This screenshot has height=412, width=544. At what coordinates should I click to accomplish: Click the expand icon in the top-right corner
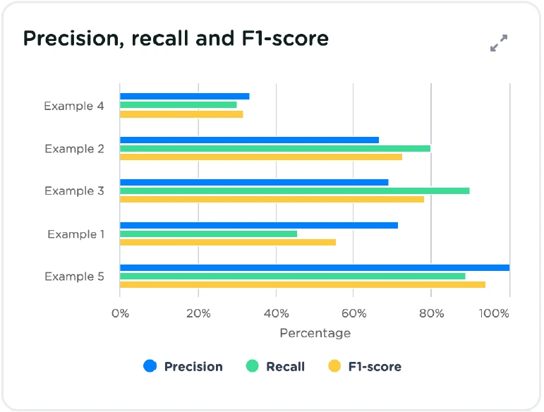coord(499,43)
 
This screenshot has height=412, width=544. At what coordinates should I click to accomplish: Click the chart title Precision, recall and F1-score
coord(176,38)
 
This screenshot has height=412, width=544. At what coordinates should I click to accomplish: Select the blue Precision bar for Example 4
coord(185,96)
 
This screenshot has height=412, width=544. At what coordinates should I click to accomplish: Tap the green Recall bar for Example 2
coord(275,148)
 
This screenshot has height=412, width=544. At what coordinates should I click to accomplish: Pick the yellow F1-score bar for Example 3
coord(272,199)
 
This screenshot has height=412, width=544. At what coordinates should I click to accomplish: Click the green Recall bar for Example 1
coord(208,234)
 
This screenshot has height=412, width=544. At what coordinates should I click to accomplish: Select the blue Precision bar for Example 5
coord(315,267)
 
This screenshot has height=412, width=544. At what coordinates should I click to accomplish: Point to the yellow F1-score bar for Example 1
coord(228,242)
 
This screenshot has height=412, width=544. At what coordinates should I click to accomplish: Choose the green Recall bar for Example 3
coord(294,190)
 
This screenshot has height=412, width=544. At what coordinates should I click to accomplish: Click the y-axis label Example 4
coord(74,107)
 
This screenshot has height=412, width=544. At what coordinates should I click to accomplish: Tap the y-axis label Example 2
coord(74,149)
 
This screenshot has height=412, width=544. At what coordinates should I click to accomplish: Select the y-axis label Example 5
coord(74,277)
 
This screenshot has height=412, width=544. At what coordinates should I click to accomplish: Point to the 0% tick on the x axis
coord(120,313)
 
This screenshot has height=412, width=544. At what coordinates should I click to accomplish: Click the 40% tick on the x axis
coord(276,313)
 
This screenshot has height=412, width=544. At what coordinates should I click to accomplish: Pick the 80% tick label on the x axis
coord(431,313)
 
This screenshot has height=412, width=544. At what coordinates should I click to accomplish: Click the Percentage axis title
coord(315,333)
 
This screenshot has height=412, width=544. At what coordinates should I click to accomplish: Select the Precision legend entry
coord(183,366)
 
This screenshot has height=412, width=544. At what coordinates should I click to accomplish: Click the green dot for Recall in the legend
coord(252,366)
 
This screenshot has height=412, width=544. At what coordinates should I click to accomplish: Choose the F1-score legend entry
coord(365,366)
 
